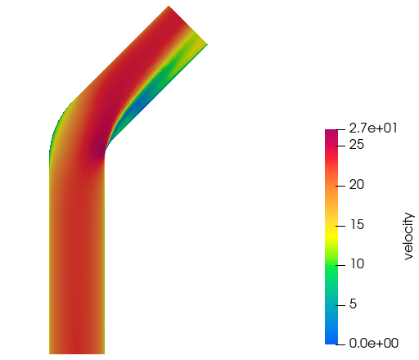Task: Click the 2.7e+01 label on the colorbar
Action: click(373, 128)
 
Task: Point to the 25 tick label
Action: click(357, 145)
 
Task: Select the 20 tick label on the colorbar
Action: click(357, 185)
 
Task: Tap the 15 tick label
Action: click(357, 225)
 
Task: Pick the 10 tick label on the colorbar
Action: click(357, 264)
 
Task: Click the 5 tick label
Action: click(353, 304)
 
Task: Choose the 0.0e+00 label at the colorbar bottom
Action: click(374, 344)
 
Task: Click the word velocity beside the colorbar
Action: click(408, 236)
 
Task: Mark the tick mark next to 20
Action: click(340, 186)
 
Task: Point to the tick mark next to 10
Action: click(340, 265)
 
